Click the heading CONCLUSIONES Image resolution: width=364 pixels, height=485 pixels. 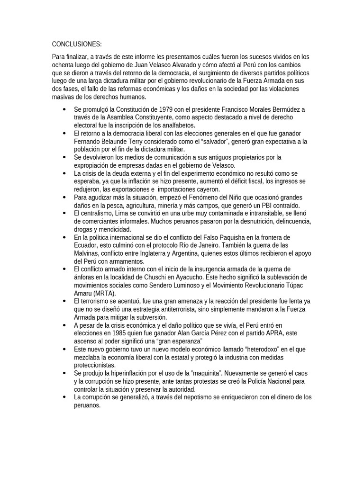point(77,45)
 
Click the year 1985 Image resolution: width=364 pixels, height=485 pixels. point(118,332)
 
